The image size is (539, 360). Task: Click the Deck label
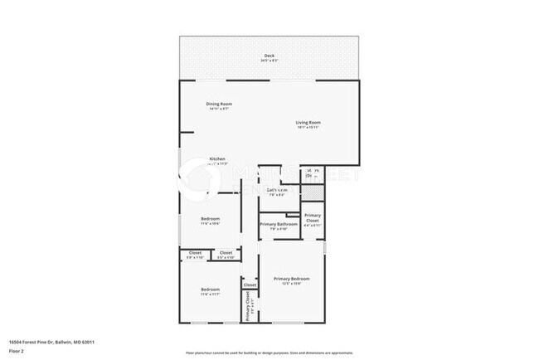pos(269,56)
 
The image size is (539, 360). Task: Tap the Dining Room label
pos(219,104)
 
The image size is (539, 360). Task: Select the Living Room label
pos(308,123)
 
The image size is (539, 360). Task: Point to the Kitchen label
pos(217,158)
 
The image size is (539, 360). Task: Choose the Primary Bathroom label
pos(279,224)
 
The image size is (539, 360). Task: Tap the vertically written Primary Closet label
pos(248,306)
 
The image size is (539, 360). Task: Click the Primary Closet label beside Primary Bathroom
pos(312,217)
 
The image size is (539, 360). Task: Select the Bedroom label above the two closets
pos(210,219)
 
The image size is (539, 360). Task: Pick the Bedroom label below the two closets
pos(210,289)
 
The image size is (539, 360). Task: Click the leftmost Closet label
pos(195,252)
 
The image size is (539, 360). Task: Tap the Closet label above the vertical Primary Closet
pos(250,285)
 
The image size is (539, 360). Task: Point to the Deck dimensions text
pos(269,61)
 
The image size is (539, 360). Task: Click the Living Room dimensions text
pos(308,128)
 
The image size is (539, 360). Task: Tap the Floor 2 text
pos(17,349)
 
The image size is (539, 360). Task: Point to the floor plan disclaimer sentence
pos(269,353)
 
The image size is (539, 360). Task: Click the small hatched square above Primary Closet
pos(310,192)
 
